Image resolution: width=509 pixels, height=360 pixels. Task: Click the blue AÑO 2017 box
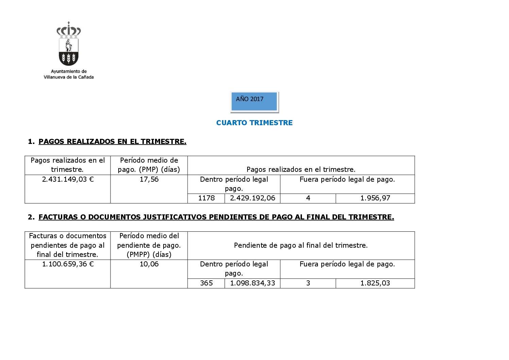pyautogui.click(x=254, y=101)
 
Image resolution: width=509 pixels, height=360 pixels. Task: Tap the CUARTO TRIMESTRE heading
pyautogui.click(x=254, y=123)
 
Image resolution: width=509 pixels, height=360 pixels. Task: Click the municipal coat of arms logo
pyautogui.click(x=69, y=44)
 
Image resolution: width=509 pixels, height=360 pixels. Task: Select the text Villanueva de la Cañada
pyautogui.click(x=69, y=77)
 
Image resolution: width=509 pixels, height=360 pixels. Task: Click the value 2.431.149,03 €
pyautogui.click(x=68, y=179)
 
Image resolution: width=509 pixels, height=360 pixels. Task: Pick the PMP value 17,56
pyautogui.click(x=149, y=179)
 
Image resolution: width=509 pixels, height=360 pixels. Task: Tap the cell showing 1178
pyautogui.click(x=206, y=198)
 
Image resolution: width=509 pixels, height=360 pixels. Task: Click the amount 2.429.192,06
pyautogui.click(x=252, y=198)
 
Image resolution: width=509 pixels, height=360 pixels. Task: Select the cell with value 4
pyautogui.click(x=308, y=198)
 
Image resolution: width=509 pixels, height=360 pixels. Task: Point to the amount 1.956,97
pyautogui.click(x=375, y=198)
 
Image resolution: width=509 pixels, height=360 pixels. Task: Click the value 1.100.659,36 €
pyautogui.click(x=68, y=264)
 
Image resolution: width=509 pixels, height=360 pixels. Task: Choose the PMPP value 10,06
pyautogui.click(x=149, y=264)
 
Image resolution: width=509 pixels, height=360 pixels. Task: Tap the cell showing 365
pyautogui.click(x=206, y=283)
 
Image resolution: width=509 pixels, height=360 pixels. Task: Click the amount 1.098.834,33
pyautogui.click(x=252, y=283)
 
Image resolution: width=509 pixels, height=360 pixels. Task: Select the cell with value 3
pyautogui.click(x=308, y=283)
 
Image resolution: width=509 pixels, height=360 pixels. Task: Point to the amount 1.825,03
pyautogui.click(x=375, y=283)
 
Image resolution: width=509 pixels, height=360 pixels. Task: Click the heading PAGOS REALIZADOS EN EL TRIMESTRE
pyautogui.click(x=112, y=142)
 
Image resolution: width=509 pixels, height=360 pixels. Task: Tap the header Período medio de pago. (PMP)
pyautogui.click(x=149, y=165)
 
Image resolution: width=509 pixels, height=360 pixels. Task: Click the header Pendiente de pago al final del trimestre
pyautogui.click(x=301, y=245)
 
